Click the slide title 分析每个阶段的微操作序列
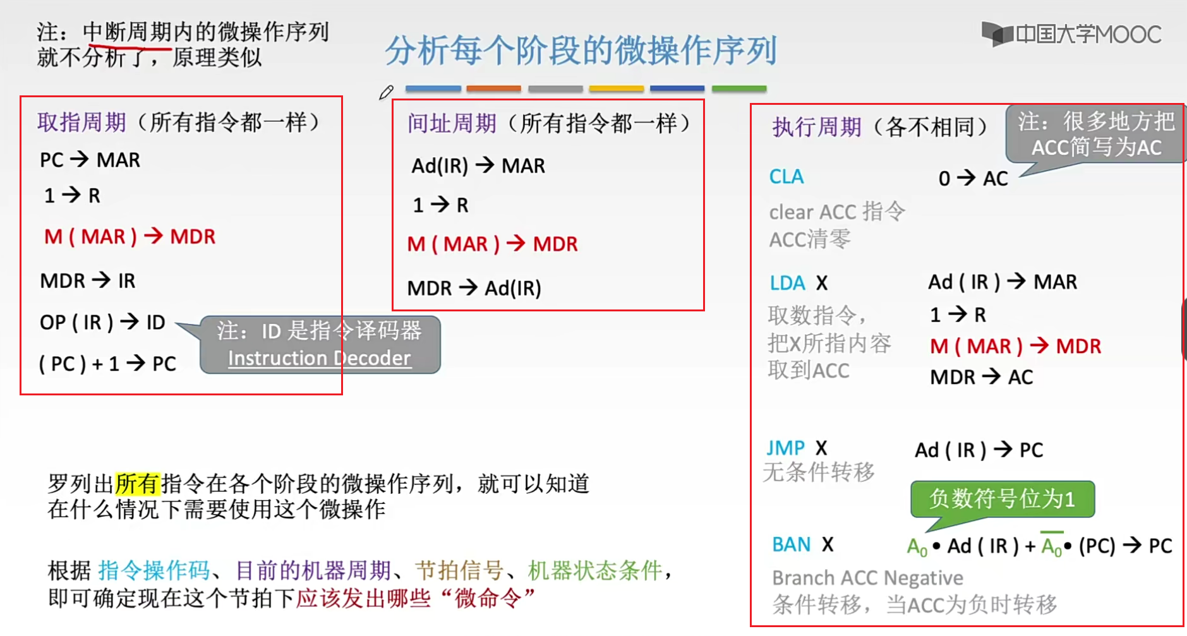pos(581,51)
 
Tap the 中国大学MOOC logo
pos(1071,34)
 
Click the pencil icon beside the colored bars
pos(386,92)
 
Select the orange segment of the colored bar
pos(493,89)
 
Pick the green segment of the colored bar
pos(738,89)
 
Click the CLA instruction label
pos(786,177)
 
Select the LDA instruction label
pos(787,283)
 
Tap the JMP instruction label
pos(785,448)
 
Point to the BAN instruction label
pos(791,544)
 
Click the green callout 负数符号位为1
pos(1002,499)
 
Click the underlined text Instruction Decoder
pos(319,358)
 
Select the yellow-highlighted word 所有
pos(138,484)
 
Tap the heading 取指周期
pos(81,122)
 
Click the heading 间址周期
pos(452,123)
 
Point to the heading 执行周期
pos(817,127)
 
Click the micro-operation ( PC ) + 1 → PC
pos(107,364)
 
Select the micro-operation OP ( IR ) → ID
pos(102,323)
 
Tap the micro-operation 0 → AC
pos(973,179)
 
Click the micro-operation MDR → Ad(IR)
pos(474,289)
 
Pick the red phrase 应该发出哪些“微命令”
pos(416,597)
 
